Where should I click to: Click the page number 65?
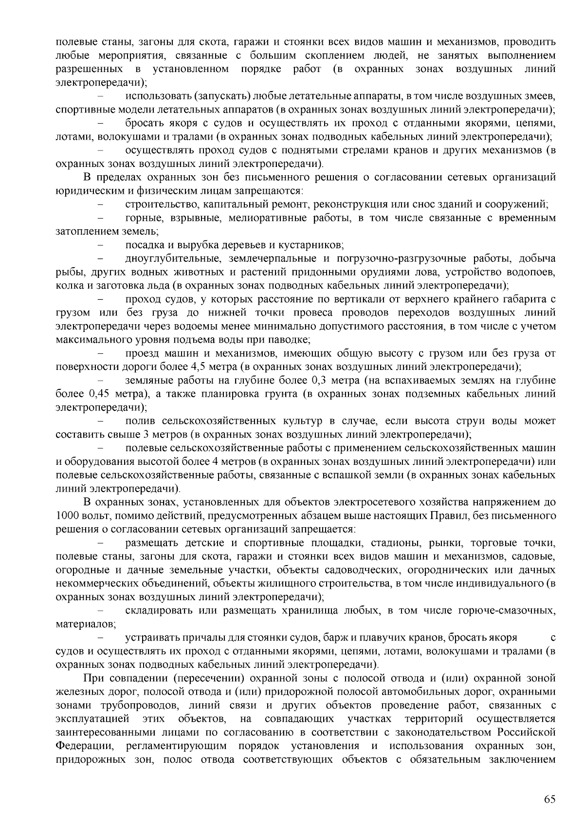[549, 800]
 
